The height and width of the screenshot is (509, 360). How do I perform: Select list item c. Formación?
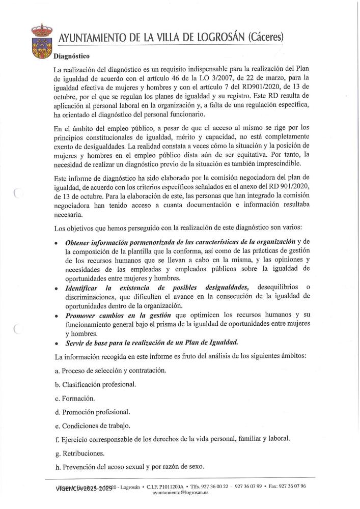click(78, 398)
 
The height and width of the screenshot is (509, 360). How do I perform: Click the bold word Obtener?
click(79, 241)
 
